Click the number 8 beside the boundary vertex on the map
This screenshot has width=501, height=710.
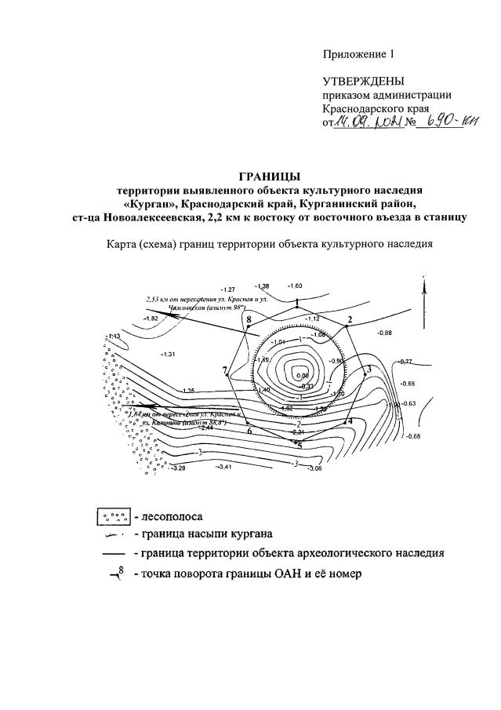(x=249, y=319)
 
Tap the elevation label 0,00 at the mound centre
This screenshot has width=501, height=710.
(x=303, y=376)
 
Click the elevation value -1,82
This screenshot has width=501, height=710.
(x=151, y=319)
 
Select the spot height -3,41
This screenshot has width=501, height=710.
(x=224, y=468)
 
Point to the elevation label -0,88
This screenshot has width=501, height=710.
(x=384, y=333)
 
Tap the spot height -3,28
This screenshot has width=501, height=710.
(x=177, y=468)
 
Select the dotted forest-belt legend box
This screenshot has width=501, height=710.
(x=113, y=518)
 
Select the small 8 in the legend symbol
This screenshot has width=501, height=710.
(x=122, y=571)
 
